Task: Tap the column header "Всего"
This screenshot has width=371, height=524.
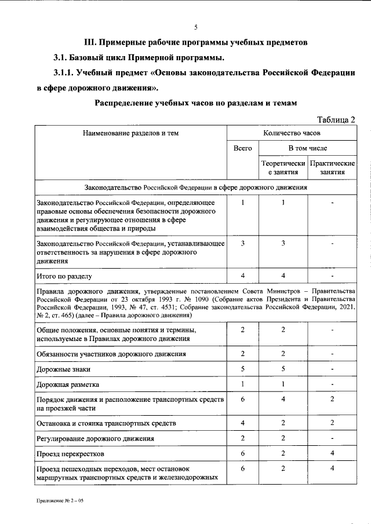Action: point(242,149)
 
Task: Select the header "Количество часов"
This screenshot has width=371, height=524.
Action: point(291,133)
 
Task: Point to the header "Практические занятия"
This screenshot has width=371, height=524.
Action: point(332,168)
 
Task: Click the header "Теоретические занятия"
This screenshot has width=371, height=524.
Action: point(282,168)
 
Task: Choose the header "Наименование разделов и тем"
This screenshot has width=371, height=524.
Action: point(130,133)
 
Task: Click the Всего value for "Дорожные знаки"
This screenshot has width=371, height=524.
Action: point(242,368)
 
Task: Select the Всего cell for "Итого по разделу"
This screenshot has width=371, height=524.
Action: point(242,276)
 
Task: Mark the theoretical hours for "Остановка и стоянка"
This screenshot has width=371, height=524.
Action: point(282,423)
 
